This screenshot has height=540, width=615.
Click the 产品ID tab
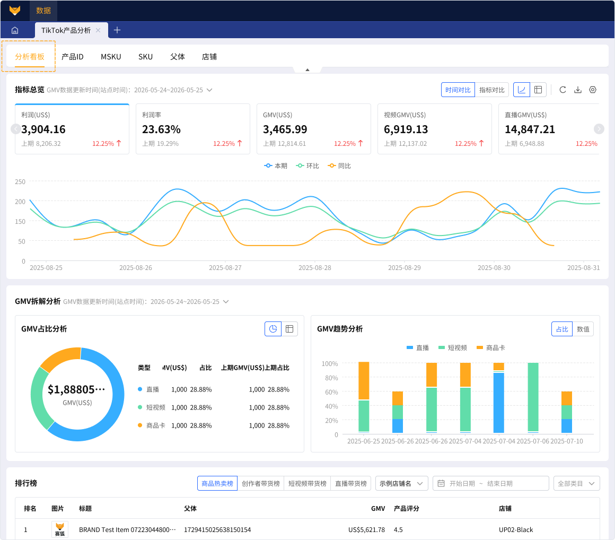coord(73,57)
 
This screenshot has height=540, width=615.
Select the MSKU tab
coord(111,57)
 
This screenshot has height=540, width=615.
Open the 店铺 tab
coord(209,57)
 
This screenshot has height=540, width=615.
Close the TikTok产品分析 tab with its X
coord(98,30)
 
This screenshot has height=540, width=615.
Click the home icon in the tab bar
coord(15,30)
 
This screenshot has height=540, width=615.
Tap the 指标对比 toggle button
coord(492,90)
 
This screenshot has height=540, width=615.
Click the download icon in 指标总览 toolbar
coord(578,90)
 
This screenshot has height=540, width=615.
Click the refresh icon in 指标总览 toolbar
coord(563,90)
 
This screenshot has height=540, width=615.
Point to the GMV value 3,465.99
coord(285,129)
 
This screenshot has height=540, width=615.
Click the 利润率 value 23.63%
coord(161,129)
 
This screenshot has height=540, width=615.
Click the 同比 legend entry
coord(339,166)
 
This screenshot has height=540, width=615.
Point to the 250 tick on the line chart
coord(20,182)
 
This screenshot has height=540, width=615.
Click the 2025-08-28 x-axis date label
coord(314,268)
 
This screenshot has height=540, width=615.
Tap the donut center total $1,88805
coord(76,390)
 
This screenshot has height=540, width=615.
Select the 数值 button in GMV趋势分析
coord(583,329)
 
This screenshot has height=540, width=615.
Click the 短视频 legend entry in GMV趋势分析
coord(453,347)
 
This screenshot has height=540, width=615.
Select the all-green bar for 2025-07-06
coord(533,397)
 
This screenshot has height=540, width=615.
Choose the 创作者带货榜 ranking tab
coord(260,483)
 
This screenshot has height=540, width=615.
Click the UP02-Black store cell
coord(516,530)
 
